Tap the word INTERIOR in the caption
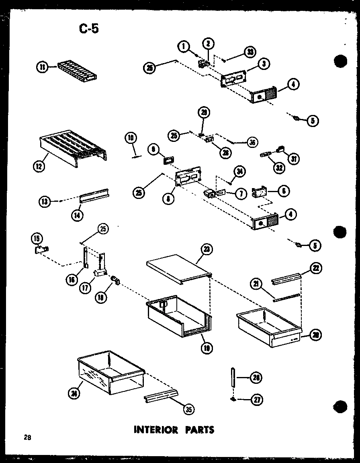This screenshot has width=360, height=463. coord(155,430)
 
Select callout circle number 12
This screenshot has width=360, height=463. coord(39,166)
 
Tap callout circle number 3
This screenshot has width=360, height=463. coord(264,64)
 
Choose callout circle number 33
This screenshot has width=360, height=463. coord(250,52)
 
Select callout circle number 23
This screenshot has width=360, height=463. coord(207,249)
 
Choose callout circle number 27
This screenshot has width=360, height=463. coord(256,399)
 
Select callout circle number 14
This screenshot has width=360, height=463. coord(76,215)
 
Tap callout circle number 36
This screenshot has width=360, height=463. coord(252,142)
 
